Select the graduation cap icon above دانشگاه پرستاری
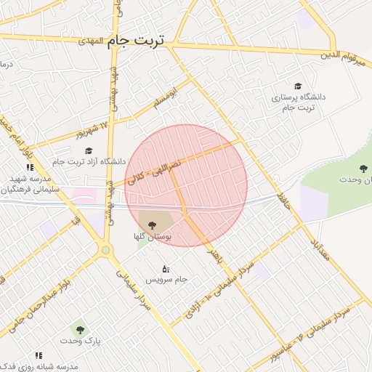click(x=297, y=86)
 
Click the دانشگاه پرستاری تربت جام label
click(x=299, y=102)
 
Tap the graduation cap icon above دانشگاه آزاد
click(x=89, y=150)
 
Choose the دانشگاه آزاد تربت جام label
click(x=89, y=161)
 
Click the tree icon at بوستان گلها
click(x=152, y=225)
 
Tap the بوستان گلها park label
click(x=151, y=237)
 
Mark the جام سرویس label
click(x=166, y=280)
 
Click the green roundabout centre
click(x=107, y=251)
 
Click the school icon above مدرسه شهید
click(x=30, y=168)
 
